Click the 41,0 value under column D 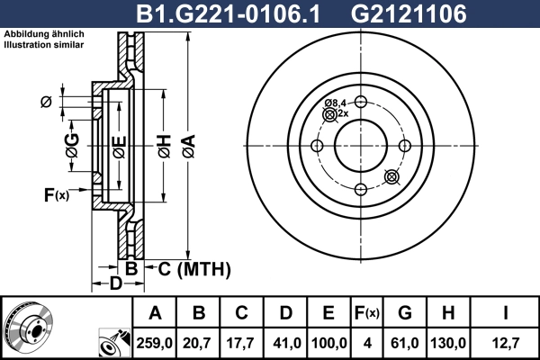coord(286,342)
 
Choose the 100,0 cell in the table coord(328,342)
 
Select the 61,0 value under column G coord(405,342)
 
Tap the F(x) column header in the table coord(367,313)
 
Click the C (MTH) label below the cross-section coord(190,269)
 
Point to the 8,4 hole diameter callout coord(337,103)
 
